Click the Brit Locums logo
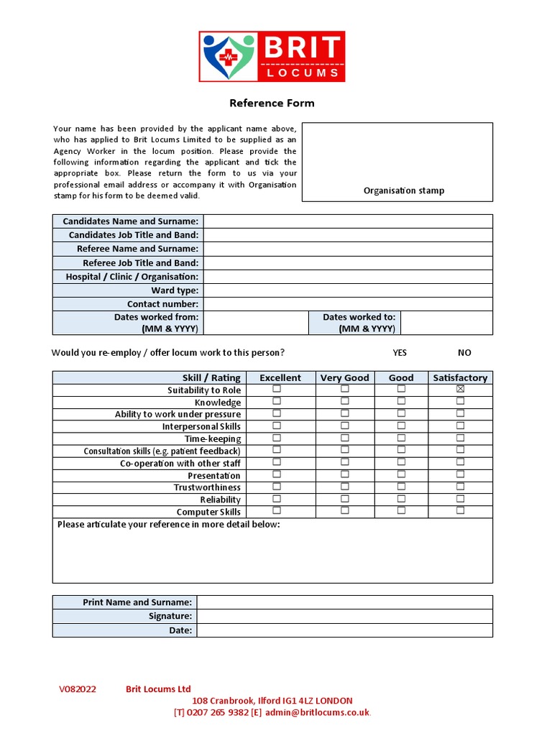pyautogui.click(x=272, y=56)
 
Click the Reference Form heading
pyautogui.click(x=272, y=103)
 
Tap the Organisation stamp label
pyautogui.click(x=403, y=190)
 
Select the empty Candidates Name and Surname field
pyautogui.click(x=348, y=221)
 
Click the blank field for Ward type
pyautogui.click(x=348, y=290)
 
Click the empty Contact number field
pyautogui.click(x=348, y=304)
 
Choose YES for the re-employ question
pyautogui.click(x=400, y=353)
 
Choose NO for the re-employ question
pyautogui.click(x=464, y=353)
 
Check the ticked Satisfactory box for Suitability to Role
pyautogui.click(x=461, y=389)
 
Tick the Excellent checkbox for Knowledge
pyautogui.click(x=277, y=401)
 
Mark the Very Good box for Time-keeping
pyautogui.click(x=345, y=437)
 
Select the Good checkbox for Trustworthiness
pyautogui.click(x=401, y=486)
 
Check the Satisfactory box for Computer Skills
pyautogui.click(x=461, y=510)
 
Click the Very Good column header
pyautogui.click(x=345, y=377)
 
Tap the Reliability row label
pyautogui.click(x=220, y=500)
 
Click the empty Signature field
pyautogui.click(x=344, y=616)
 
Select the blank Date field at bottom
pyautogui.click(x=344, y=630)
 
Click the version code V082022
pyautogui.click(x=78, y=689)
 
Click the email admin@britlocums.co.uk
pyautogui.click(x=316, y=712)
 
